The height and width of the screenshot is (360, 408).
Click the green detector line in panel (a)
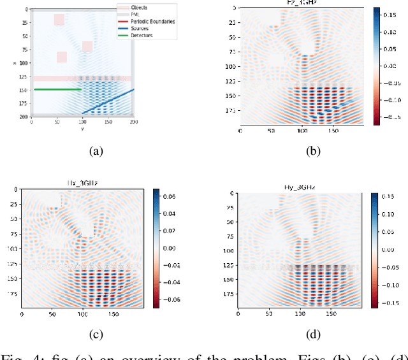[57, 90]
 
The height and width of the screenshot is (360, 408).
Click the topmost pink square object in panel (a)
[59, 20]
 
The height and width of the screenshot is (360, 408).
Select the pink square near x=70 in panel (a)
[87, 47]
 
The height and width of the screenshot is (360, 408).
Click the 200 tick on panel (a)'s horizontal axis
[133, 121]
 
